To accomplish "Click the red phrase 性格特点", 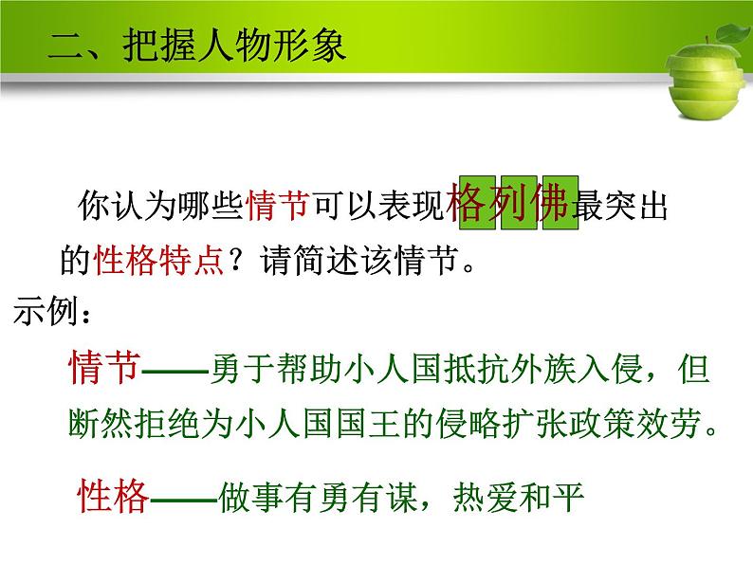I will click(156, 258).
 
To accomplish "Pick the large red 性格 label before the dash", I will click(113, 496).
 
